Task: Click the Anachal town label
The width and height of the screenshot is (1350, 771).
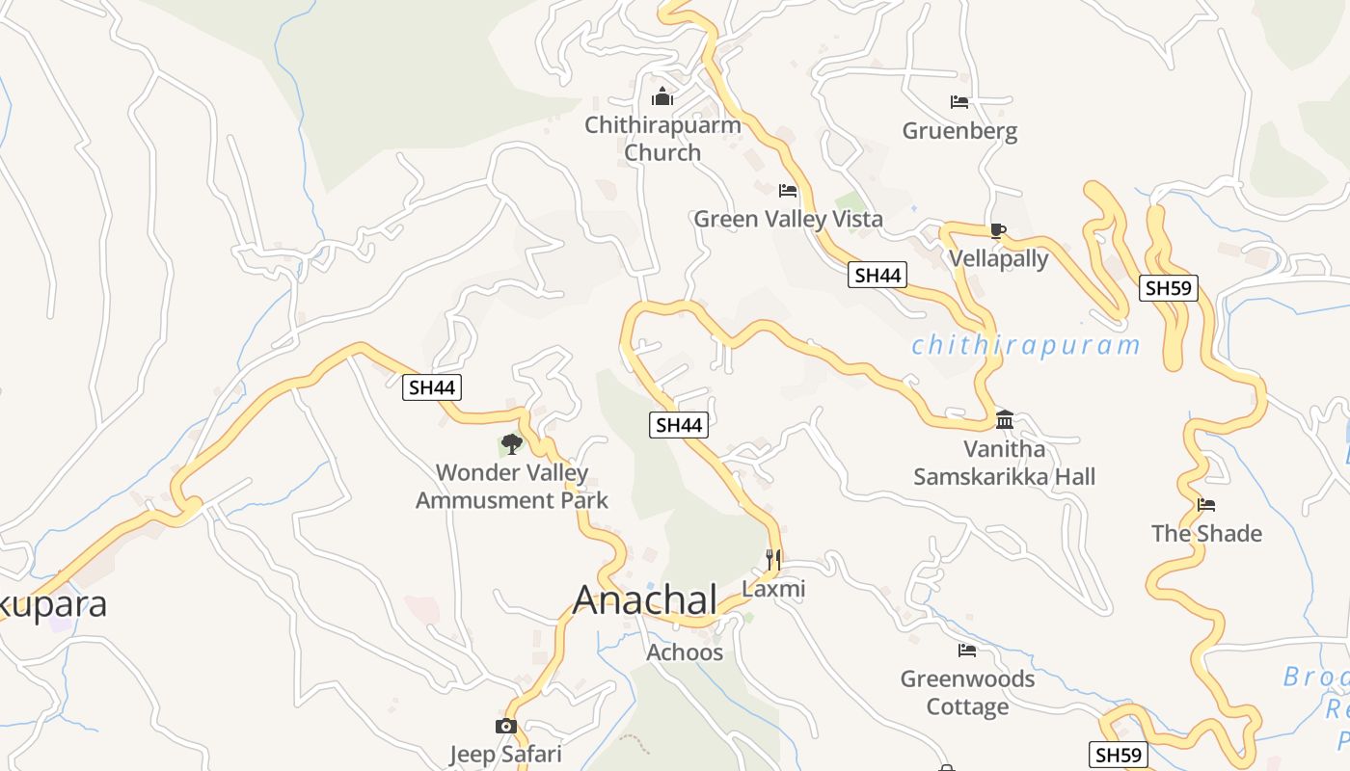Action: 645,599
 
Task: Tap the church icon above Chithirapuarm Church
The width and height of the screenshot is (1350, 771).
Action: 662,96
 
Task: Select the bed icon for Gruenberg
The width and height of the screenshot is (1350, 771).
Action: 959,102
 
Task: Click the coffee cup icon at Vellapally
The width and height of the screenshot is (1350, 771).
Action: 997,230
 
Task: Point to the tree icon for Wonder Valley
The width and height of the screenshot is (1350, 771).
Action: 512,444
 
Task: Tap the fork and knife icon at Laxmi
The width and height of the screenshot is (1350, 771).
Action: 772,560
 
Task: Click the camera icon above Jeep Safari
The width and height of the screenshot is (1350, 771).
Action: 506,726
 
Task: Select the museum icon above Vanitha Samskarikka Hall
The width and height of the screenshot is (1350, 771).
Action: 1005,419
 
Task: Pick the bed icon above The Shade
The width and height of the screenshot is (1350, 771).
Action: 1206,505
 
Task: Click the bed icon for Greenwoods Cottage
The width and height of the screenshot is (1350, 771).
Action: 967,651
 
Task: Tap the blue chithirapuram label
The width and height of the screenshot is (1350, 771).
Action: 1026,345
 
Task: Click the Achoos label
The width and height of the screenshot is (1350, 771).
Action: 685,652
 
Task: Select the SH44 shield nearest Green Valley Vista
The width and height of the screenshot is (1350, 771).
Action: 877,275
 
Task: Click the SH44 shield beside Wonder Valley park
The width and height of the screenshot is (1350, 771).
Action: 432,387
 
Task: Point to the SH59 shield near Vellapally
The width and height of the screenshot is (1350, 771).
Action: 1169,287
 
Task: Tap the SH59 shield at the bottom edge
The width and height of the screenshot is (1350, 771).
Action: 1119,755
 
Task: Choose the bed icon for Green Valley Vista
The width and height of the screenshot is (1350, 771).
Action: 788,191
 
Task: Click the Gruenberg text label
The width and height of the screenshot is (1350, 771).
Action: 959,130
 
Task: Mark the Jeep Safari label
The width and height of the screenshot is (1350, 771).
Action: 505,754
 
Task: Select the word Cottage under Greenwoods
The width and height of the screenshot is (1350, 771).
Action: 967,706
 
